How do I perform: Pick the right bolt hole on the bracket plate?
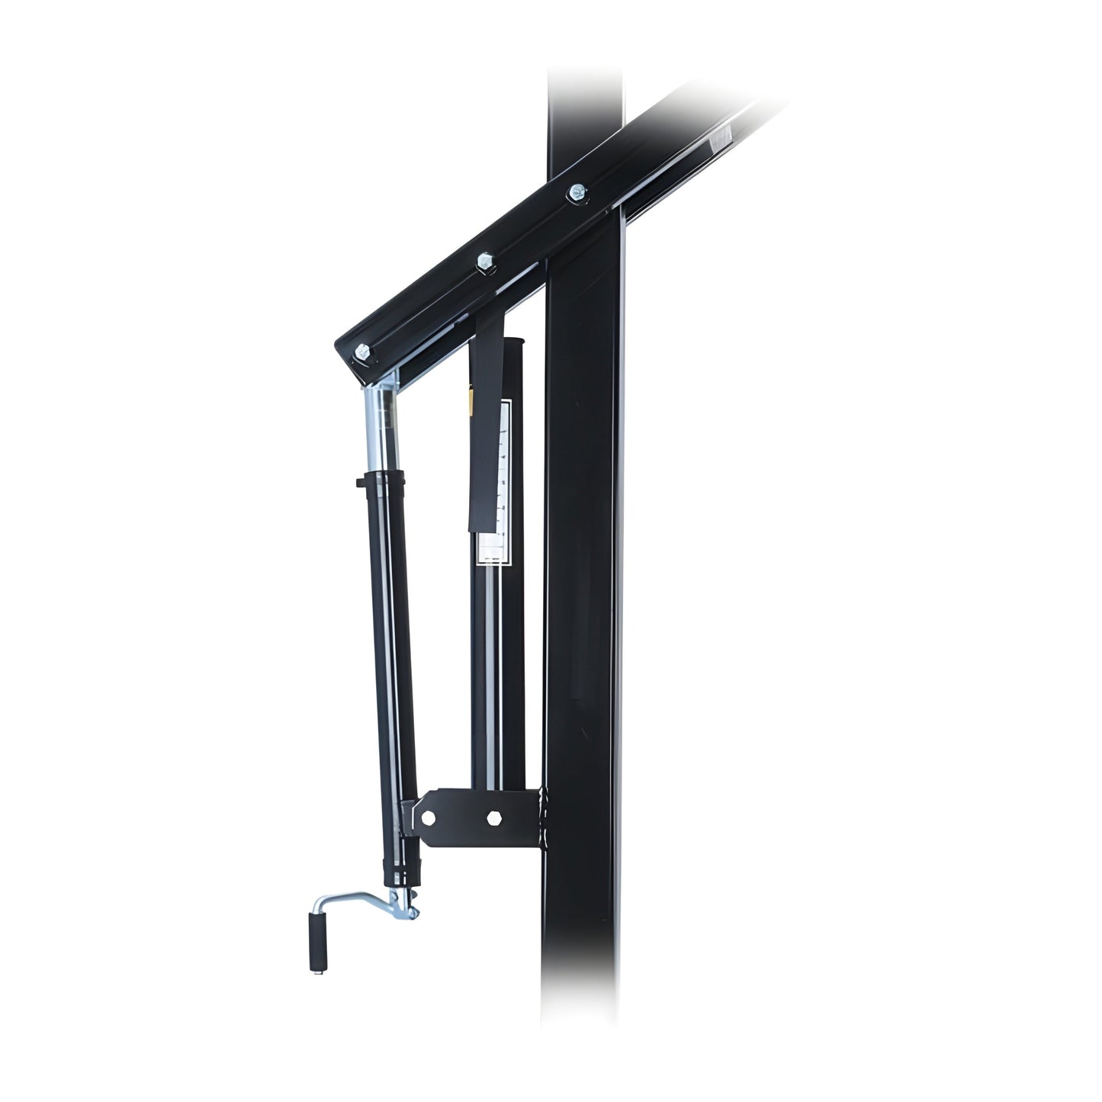point(493,817)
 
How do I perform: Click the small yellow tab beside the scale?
point(471,400)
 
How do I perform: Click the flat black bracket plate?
point(473,817)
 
